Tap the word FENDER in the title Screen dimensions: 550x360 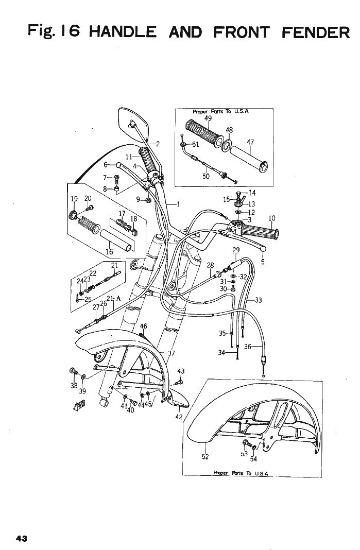pyautogui.click(x=316, y=32)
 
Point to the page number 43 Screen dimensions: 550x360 pyautogui.click(x=21, y=538)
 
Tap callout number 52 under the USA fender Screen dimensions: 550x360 pyautogui.click(x=205, y=456)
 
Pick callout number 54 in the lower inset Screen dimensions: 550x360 pyautogui.click(x=253, y=460)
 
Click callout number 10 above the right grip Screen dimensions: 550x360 pyautogui.click(x=272, y=219)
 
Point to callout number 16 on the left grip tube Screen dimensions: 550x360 pyautogui.click(x=109, y=252)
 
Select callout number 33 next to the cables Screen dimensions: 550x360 pyautogui.click(x=258, y=300)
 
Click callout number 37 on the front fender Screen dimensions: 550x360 pyautogui.click(x=171, y=353)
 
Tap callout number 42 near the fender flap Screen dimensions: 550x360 pyautogui.click(x=179, y=417)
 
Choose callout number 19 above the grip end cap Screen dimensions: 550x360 pyautogui.click(x=74, y=198)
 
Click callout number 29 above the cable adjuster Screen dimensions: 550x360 pyautogui.click(x=236, y=250)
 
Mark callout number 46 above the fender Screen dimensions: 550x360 pyautogui.click(x=144, y=326)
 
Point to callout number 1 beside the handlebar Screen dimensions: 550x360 pyautogui.click(x=178, y=203)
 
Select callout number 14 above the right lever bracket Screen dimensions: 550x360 pyautogui.click(x=252, y=193)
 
